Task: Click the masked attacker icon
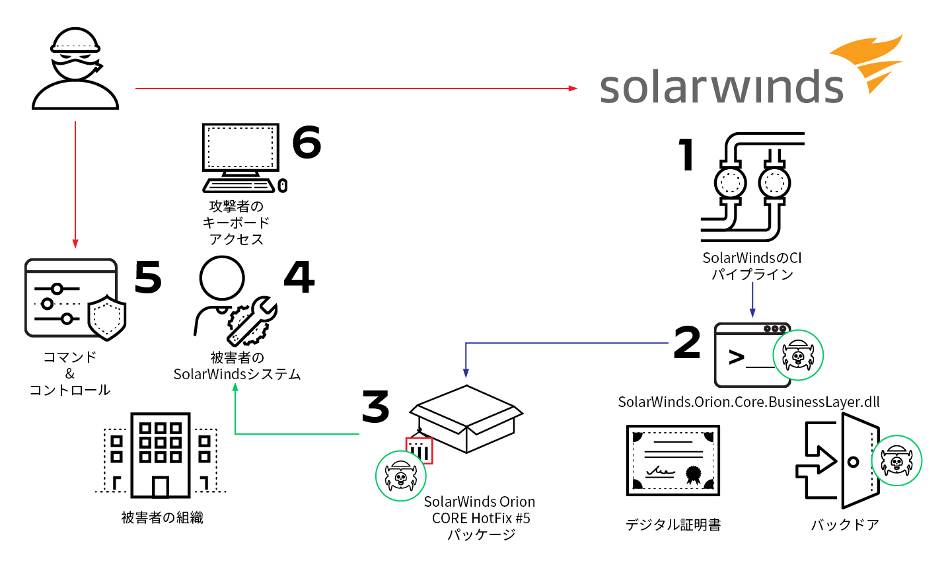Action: (75, 69)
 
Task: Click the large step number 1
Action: (686, 155)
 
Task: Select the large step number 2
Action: (687, 342)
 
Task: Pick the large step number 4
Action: (299, 277)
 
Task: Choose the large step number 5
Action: (148, 277)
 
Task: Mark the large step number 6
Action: (307, 142)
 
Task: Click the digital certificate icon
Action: (673, 460)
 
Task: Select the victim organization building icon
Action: (161, 455)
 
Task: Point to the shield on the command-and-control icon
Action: (107, 318)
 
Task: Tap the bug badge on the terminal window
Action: (798, 355)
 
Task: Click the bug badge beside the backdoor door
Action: (896, 460)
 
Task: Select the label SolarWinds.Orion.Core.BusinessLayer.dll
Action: (748, 402)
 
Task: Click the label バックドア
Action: (845, 525)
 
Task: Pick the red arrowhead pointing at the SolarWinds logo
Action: (573, 89)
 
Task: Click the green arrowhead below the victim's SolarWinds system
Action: (235, 387)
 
